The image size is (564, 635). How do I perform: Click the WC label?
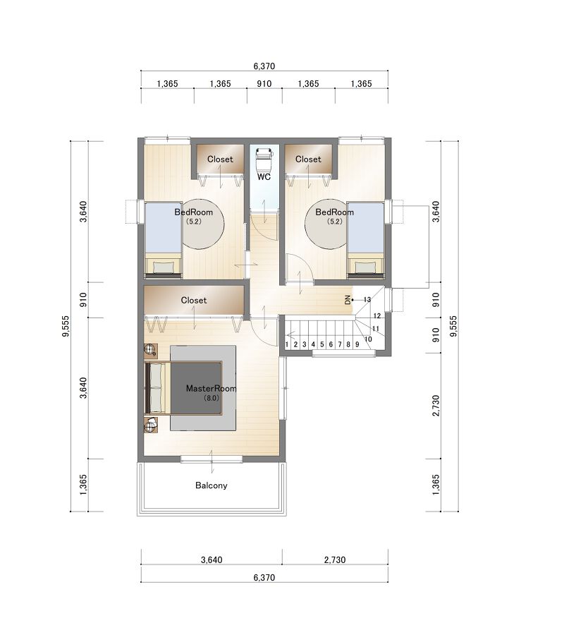264,177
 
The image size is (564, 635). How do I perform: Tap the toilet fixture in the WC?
264,159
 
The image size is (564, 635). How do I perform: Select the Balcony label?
211,485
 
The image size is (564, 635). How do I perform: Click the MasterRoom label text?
211,388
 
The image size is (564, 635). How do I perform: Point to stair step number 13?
367,300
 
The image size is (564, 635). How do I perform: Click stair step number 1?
287,344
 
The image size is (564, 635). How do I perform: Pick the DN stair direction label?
348,300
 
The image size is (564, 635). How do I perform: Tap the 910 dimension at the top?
264,84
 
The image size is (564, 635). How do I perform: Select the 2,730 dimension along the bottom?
335,560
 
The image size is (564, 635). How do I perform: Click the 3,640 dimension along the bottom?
211,560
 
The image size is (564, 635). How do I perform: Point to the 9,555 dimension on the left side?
66,326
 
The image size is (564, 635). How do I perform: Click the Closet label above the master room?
194,300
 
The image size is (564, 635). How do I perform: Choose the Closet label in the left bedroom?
220,159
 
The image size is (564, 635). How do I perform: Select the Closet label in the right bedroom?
308,159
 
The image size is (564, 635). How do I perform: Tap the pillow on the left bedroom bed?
164,267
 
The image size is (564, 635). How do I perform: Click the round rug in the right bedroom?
326,224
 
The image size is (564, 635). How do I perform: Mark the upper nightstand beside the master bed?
151,350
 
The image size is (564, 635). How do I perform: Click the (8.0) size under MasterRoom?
211,398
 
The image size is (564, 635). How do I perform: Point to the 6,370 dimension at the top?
264,66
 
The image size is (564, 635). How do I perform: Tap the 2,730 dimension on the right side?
436,406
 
